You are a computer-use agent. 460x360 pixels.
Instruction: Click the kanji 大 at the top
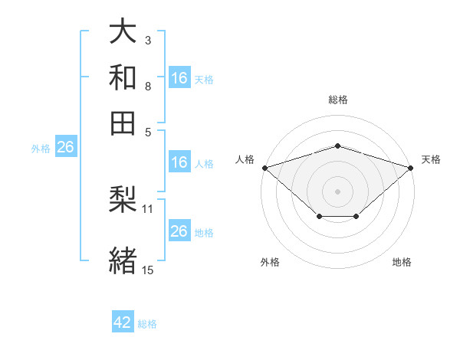pos(123,31)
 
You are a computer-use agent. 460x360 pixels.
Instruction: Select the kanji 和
pos(123,77)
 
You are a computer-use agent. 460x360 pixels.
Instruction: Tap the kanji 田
pos(123,123)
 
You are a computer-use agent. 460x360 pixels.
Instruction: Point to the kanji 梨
pos(123,199)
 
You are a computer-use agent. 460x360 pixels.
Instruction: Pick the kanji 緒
pos(123,260)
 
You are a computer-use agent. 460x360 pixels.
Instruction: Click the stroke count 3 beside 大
pos(148,41)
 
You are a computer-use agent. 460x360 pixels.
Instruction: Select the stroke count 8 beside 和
pos(148,87)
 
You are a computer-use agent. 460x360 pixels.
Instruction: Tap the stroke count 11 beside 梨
pos(147,209)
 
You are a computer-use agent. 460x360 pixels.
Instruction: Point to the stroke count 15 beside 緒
pos(147,270)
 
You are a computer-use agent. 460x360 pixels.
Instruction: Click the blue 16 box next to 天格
pos(179,77)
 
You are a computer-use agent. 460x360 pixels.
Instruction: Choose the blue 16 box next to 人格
pos(179,162)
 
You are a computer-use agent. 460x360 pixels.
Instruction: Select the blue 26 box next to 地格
pos(179,230)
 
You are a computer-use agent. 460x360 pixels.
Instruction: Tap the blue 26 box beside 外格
pos(66,146)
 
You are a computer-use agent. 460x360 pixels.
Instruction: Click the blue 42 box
pos(123,321)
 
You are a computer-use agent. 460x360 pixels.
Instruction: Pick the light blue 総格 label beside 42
pos(147,324)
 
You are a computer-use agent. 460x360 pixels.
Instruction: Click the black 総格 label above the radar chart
pos(338,100)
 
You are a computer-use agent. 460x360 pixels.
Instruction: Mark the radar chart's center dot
pos(337,191)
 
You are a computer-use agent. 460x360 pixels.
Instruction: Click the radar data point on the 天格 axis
pos(410,168)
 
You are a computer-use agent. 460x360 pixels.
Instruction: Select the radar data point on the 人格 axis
pos(265,168)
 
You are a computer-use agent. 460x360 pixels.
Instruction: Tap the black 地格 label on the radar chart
pos(402,262)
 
